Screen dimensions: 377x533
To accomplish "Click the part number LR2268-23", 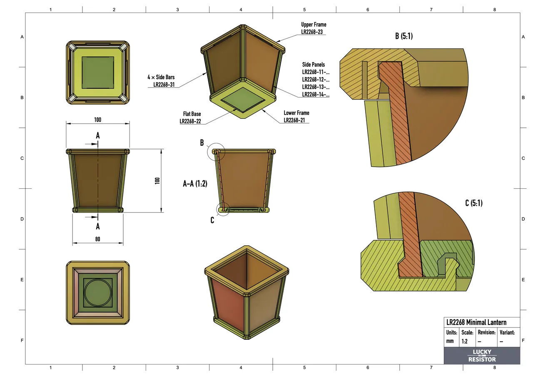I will pos(314,32).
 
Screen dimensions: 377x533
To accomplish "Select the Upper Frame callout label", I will pos(314,25).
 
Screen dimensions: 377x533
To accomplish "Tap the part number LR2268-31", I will pos(164,85).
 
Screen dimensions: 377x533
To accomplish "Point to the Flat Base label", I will pos(192,114).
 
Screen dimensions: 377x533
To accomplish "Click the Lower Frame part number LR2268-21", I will pos(296,120).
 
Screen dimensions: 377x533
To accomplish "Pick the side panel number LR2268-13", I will pos(316,87).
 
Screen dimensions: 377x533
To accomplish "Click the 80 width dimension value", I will pos(97,239).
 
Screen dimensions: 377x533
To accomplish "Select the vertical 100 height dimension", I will pos(157,181).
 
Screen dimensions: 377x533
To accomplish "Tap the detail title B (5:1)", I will pos(403,36).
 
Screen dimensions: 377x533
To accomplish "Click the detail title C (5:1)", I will pos(473,203).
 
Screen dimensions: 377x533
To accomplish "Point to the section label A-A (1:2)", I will pos(195,183).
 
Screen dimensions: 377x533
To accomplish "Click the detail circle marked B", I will pos(216,152).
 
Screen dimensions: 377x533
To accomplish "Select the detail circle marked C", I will pos(223,209).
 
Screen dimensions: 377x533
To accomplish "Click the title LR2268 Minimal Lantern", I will pos(476,322).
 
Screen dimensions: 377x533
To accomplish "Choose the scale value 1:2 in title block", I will pos(464,341).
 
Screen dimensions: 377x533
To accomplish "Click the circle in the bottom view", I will pos(98,293).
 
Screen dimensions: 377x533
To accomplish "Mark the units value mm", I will pos(450,341).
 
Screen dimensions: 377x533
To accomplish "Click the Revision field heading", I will pos(486,332).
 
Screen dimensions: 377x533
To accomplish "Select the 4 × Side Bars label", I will pos(161,77).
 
